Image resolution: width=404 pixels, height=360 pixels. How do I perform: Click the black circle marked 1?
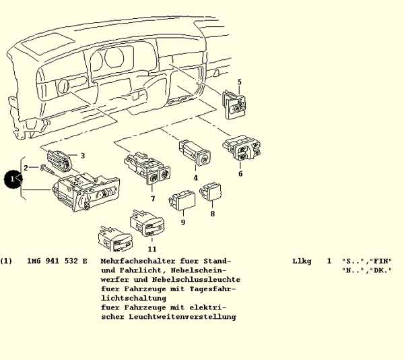click(13, 179)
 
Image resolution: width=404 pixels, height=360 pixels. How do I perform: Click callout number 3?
click(82, 156)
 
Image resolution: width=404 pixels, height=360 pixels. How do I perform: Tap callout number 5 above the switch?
click(239, 82)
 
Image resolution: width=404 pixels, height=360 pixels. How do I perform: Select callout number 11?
click(152, 249)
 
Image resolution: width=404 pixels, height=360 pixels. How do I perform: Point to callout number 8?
click(213, 214)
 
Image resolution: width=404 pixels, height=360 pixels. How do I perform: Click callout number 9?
click(183, 222)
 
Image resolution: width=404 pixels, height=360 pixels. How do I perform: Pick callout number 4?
click(195, 178)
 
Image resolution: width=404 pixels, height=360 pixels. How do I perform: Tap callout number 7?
click(153, 199)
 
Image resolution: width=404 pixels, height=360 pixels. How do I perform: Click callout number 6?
click(240, 173)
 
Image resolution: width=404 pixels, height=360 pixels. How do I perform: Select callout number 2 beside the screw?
click(26, 168)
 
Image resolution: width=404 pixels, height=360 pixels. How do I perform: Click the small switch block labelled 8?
click(211, 191)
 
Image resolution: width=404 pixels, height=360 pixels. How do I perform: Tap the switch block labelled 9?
click(182, 200)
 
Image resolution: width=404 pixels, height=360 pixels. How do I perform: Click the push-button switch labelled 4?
click(195, 152)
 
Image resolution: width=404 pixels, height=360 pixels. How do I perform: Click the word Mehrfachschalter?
click(138, 261)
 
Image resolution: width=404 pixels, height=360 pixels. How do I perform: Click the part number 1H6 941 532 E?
click(57, 261)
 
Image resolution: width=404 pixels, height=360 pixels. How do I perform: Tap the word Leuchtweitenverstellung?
click(182, 317)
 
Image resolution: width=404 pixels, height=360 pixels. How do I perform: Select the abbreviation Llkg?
click(302, 261)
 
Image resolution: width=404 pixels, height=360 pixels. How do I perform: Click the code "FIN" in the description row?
click(380, 261)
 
